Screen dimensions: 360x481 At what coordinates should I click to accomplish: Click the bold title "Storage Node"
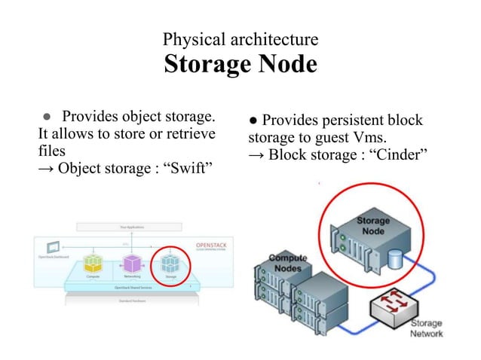240,64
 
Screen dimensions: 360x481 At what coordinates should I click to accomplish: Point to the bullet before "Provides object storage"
46,117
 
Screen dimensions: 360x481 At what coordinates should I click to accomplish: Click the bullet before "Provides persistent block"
253,121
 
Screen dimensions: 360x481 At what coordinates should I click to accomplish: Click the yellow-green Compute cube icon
93,263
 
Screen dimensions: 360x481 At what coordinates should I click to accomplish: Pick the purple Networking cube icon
133,263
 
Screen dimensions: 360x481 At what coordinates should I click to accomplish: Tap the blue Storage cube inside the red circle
171,263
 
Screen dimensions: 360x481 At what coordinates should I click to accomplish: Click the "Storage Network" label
426,328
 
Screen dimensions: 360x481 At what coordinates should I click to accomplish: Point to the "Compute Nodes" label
287,262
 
